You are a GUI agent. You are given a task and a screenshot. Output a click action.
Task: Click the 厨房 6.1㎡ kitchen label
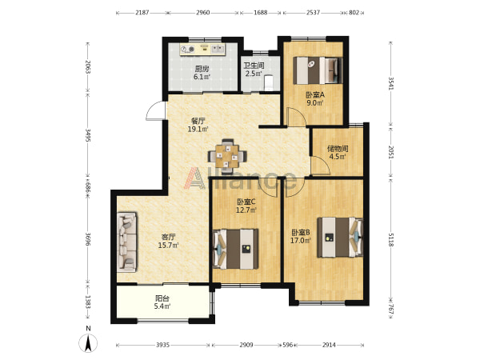pos(202,73)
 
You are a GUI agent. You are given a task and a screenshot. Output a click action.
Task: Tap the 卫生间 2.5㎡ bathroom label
pos(254,70)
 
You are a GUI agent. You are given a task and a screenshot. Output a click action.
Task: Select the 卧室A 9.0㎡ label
pos(315,98)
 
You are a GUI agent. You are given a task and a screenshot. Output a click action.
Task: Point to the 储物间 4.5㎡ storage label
pos(338,153)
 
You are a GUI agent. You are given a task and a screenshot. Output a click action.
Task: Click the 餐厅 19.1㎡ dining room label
pos(198,125)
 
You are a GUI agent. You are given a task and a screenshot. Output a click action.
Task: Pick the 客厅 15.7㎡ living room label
pos(168,241)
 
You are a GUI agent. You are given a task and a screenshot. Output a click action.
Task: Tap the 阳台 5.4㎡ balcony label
pos(162,302)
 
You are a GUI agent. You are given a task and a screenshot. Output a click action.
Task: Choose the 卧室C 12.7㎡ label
pos(246,206)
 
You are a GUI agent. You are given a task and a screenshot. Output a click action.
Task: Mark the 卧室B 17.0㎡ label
pos(301,236)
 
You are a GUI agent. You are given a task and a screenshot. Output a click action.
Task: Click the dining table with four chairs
pos(227,156)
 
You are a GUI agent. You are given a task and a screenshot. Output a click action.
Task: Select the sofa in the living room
pos(126,242)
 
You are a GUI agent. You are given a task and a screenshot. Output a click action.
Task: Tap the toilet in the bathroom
pos(269,82)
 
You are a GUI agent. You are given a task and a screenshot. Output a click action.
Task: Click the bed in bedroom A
pos(318,70)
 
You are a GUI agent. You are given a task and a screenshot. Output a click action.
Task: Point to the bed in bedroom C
pos(235,249)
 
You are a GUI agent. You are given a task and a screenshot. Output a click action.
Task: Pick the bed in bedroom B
pos(340,238)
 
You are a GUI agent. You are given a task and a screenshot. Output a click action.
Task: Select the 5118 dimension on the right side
pos(391,240)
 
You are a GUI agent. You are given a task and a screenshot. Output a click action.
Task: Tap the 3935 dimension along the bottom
pos(162,345)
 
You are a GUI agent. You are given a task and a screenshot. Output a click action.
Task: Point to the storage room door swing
pos(321,166)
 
